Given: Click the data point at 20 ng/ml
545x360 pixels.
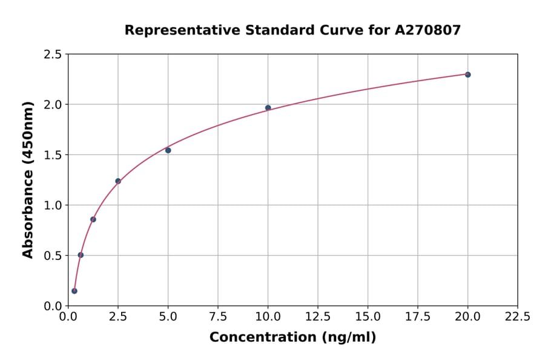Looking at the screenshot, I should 467,75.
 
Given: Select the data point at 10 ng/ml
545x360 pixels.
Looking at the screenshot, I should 268,108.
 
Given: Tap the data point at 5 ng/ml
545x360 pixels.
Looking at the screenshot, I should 168,150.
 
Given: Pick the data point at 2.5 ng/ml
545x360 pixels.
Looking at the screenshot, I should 118,181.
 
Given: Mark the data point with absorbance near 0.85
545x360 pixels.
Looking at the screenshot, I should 93,219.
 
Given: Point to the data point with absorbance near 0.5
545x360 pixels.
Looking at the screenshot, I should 81,255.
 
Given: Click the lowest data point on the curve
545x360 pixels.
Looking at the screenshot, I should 74,291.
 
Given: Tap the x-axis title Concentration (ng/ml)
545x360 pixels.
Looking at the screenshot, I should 292,338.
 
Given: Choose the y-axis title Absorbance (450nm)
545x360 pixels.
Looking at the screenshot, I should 28,180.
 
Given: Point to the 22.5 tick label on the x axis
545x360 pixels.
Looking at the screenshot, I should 517,316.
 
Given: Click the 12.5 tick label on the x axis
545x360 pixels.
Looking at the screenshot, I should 318,316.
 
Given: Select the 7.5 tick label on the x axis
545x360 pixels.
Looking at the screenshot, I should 218,316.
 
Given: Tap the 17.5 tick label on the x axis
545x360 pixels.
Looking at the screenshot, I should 418,316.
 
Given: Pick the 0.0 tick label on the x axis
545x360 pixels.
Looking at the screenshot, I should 68,316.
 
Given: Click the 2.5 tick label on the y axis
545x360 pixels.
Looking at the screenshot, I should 52,55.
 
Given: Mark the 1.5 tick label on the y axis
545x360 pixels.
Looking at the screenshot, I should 52,155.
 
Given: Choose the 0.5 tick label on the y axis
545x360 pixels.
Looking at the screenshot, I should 52,256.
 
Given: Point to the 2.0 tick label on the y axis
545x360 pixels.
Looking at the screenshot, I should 52,105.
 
